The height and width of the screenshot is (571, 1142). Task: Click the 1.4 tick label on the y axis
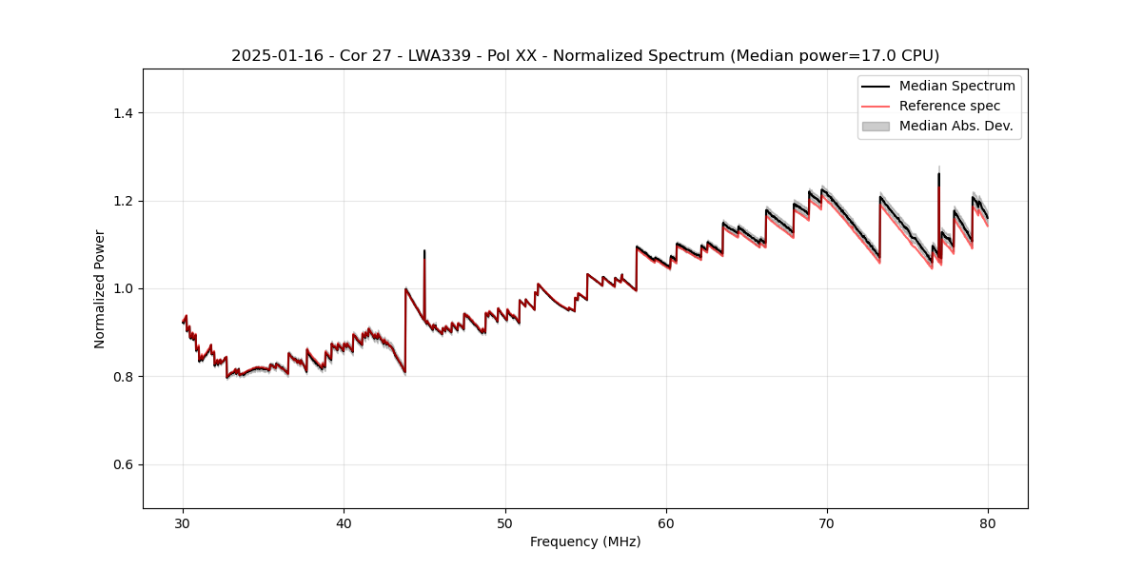tap(122, 113)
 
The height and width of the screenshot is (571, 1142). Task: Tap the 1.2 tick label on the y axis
tap(122, 201)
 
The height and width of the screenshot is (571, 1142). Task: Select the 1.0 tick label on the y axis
tap(122, 289)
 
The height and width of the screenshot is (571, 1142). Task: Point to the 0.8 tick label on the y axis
tap(122, 377)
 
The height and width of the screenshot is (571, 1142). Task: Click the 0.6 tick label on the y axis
tap(122, 464)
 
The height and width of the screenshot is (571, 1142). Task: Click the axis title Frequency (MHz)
tap(585, 541)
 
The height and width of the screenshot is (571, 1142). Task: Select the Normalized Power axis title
tap(100, 288)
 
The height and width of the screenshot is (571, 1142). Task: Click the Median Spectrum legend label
tap(956, 87)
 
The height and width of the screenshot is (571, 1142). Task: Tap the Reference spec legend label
tap(950, 106)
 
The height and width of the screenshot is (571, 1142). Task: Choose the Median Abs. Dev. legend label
tap(955, 126)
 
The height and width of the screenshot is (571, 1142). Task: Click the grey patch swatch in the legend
tap(876, 126)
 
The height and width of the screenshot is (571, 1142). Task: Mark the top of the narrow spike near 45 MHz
tap(424, 251)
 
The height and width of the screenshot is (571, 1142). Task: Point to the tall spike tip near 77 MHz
tap(939, 173)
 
